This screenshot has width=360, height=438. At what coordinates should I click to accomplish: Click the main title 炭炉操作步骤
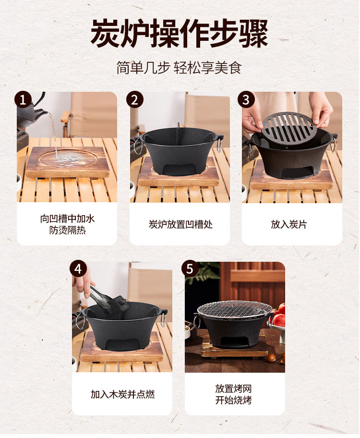[x=180, y=34]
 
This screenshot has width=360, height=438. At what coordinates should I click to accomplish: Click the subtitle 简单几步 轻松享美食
[x=179, y=68]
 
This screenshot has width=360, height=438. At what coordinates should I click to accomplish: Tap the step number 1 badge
[x=23, y=100]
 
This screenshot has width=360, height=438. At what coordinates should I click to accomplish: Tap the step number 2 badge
[x=134, y=100]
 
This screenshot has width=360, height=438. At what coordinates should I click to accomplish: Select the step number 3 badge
[x=246, y=100]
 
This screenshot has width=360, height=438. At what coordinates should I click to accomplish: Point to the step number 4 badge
[x=78, y=269]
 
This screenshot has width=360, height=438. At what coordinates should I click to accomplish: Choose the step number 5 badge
[x=190, y=269]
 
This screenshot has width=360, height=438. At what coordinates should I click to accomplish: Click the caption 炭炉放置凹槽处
[x=180, y=224]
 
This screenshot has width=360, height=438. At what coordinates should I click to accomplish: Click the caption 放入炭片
[x=289, y=224]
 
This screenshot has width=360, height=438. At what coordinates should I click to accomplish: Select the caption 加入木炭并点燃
[x=122, y=394]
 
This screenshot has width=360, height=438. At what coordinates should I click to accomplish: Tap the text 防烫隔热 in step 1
[x=67, y=230]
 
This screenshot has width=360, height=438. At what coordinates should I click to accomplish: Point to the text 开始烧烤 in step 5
[x=233, y=400]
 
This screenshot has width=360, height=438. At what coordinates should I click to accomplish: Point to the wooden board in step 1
[x=68, y=162]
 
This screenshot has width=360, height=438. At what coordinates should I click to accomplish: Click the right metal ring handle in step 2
[x=219, y=144]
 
